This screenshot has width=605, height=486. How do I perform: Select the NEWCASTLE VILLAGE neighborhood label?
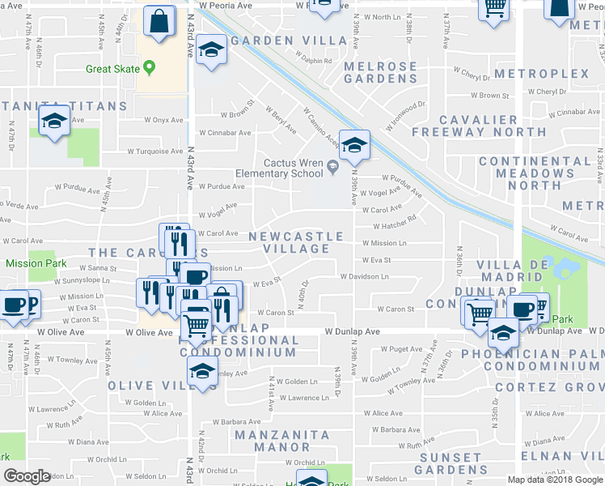point(296,242)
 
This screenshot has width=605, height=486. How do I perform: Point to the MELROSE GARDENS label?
point(380,72)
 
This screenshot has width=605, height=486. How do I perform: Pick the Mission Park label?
point(31,263)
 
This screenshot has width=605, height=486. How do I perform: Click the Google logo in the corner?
point(27,475)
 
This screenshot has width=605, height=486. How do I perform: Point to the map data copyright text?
point(555,480)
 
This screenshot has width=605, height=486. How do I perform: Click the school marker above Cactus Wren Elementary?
point(353,145)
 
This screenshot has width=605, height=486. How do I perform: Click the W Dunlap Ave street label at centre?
point(352,331)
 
